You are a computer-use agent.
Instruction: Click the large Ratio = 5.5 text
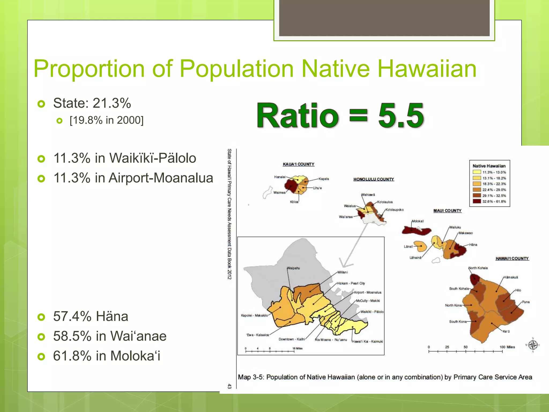tap(340, 116)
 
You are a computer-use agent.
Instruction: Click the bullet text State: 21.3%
tap(92, 103)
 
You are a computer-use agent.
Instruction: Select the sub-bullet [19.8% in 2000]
tap(106, 120)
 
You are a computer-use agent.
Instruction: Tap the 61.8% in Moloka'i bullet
tap(106, 356)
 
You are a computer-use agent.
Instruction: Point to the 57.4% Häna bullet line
tap(90, 316)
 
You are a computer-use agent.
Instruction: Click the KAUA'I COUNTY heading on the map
tap(298, 164)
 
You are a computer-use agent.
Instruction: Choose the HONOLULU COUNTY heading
tap(373, 179)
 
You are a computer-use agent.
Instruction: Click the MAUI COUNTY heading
tap(447, 211)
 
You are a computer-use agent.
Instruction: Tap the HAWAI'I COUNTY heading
tap(512, 259)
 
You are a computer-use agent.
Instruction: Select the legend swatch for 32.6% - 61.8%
tap(477, 201)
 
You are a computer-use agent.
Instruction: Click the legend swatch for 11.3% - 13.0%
tap(477, 172)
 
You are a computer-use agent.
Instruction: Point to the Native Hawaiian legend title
tap(489, 166)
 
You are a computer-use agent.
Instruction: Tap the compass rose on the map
tap(533, 345)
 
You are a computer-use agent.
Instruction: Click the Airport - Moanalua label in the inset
tap(367, 292)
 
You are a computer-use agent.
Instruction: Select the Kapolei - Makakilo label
tap(254, 315)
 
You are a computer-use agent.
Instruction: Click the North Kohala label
tap(478, 268)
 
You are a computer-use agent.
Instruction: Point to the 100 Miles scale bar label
tap(507, 347)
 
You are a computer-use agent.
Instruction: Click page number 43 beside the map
tap(229, 386)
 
